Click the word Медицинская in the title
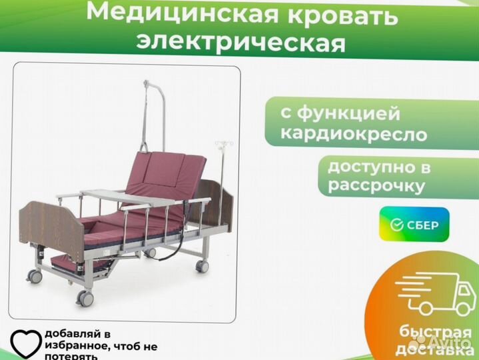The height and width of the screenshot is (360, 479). (x=183, y=13)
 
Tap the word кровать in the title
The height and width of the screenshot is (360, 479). (x=342, y=15)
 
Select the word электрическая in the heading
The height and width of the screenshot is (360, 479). (x=241, y=43)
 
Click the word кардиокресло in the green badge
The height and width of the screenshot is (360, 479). (x=354, y=134)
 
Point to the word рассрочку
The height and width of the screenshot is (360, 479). (x=376, y=185)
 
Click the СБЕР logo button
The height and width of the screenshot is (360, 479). (x=414, y=225)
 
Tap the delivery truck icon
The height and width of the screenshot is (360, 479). (x=436, y=294)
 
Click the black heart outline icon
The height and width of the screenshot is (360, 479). (x=26, y=345)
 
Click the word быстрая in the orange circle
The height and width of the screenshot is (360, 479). (x=435, y=332)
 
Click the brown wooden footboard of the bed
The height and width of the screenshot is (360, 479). (x=51, y=225)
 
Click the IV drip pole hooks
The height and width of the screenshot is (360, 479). (x=224, y=143)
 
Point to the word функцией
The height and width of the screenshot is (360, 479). (x=348, y=115)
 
